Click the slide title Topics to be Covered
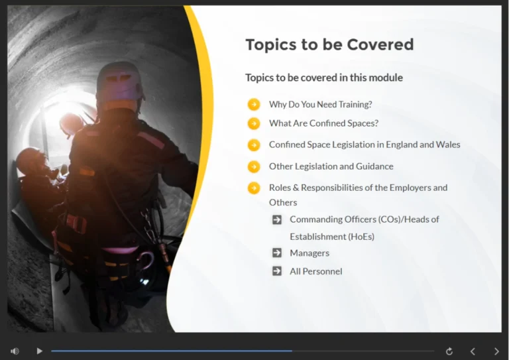(x=329, y=44)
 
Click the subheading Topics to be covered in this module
(x=323, y=78)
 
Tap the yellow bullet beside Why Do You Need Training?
(x=254, y=104)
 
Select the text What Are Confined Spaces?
(x=323, y=123)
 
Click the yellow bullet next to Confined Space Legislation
(x=254, y=145)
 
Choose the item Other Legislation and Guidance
(x=331, y=166)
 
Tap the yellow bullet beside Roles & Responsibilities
(x=254, y=188)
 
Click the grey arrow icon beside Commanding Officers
(x=277, y=219)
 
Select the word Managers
(x=310, y=253)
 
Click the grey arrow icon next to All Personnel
(x=277, y=270)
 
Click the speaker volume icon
(x=15, y=351)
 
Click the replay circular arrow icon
(x=449, y=351)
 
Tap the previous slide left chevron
(x=473, y=351)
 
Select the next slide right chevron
(x=496, y=351)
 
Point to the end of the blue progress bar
(x=292, y=351)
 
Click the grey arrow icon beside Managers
(x=277, y=253)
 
